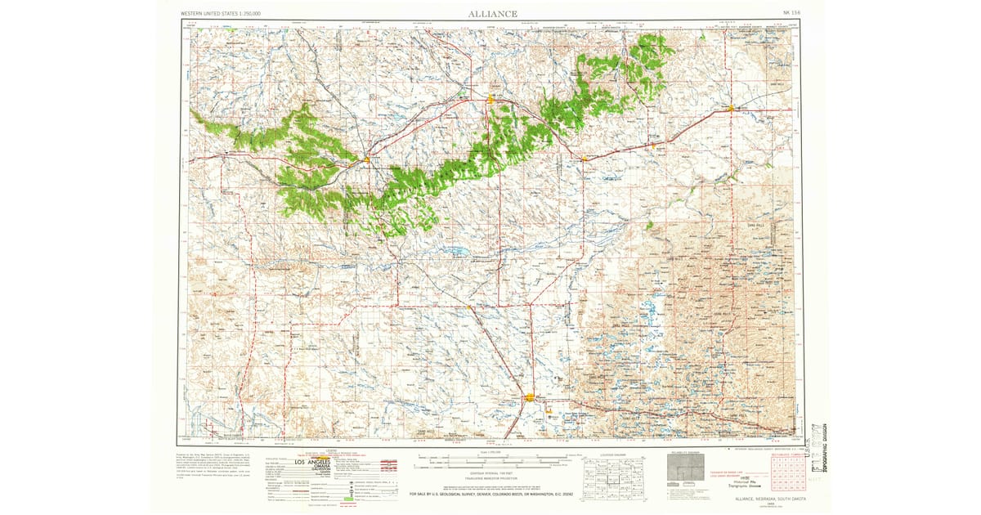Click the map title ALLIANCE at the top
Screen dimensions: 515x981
click(492, 13)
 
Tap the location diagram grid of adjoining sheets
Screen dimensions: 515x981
click(611, 473)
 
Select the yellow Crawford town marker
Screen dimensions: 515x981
click(367, 159)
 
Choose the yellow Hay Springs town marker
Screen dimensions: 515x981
click(585, 158)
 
